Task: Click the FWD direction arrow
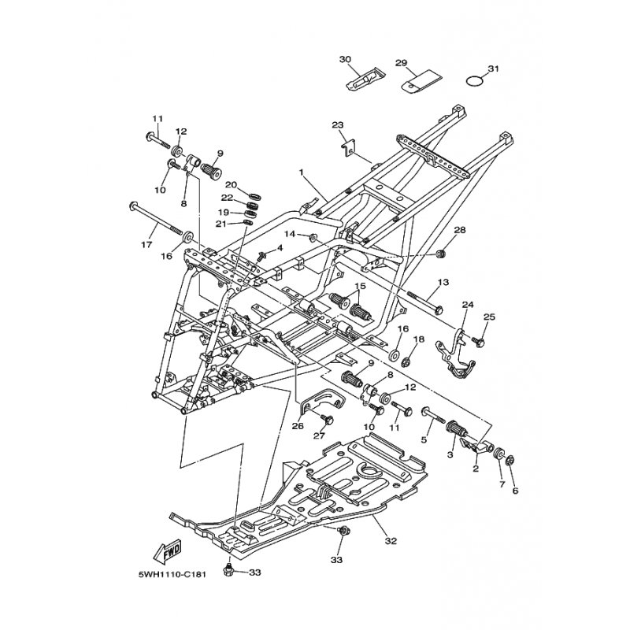tap(168, 550)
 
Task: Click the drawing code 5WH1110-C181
tap(172, 575)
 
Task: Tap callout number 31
tap(493, 69)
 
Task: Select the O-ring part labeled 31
tap(475, 80)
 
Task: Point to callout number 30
tap(345, 59)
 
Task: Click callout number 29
tap(402, 63)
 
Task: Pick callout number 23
tap(338, 125)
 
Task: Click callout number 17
tap(147, 244)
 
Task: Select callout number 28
tap(460, 230)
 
